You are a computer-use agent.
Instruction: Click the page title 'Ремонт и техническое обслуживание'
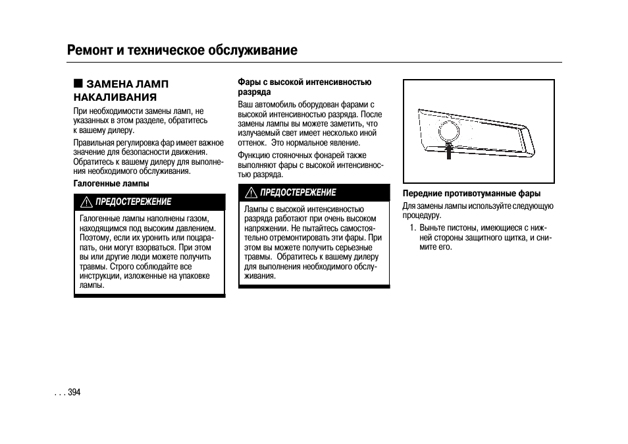tap(182, 51)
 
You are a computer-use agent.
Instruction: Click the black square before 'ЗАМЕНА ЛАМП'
tap(78, 84)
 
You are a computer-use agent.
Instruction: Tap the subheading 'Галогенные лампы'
tap(111, 183)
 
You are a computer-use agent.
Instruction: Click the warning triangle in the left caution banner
tap(86, 202)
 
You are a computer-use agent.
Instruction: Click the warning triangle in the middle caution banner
tap(251, 193)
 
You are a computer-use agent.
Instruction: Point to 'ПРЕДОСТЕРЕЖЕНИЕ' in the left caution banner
tap(134, 202)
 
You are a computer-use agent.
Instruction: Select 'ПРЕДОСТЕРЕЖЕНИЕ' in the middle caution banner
tap(298, 193)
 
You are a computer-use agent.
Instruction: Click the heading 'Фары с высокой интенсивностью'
tap(304, 82)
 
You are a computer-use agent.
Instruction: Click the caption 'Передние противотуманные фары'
tap(471, 194)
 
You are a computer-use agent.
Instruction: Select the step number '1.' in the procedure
tap(412, 228)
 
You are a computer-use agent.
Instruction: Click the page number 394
tap(73, 392)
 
